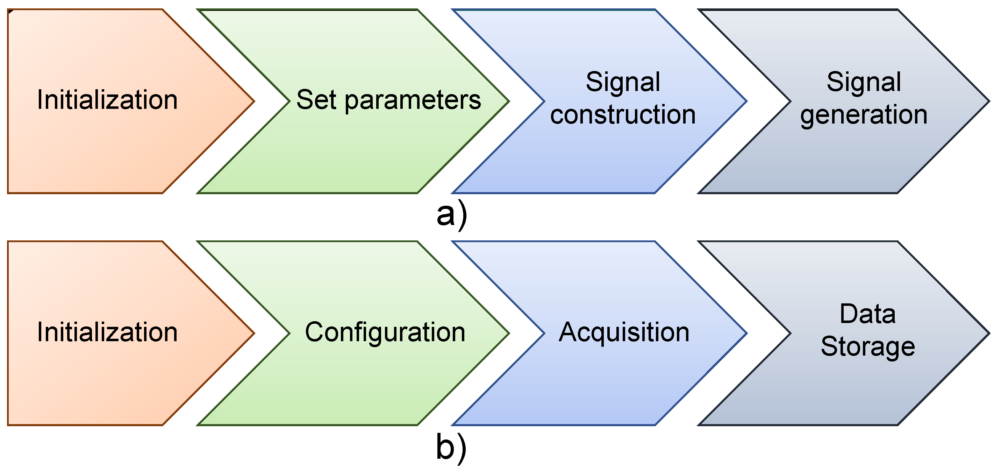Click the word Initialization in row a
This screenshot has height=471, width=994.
[x=107, y=100]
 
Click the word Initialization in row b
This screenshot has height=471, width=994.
[x=107, y=332]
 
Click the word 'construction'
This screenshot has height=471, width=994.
[x=623, y=115]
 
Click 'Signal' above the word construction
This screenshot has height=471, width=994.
[x=623, y=82]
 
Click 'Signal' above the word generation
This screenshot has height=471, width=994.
[x=864, y=82]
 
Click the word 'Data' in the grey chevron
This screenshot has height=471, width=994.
[x=867, y=314]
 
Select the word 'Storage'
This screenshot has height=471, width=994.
[x=867, y=347]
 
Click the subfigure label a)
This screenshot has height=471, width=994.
[x=451, y=216]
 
